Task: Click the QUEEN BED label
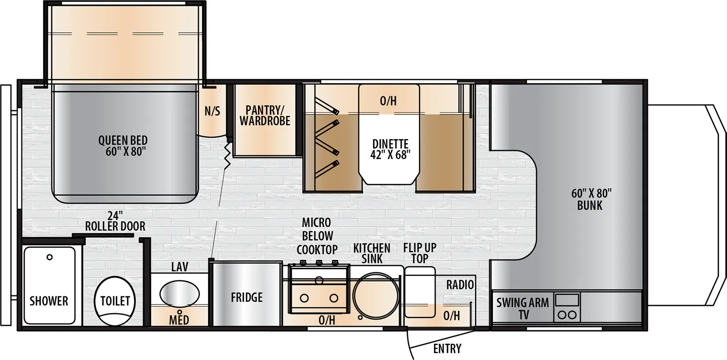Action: (123, 146)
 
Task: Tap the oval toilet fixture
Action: (115, 301)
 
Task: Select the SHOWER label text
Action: (49, 301)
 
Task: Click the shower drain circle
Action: (50, 257)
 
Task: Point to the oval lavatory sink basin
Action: (179, 294)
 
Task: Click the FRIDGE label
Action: (247, 298)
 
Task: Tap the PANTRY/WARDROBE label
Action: (265, 115)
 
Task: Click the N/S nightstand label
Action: (212, 111)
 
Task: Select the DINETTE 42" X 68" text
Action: (390, 150)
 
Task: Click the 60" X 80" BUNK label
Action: (591, 200)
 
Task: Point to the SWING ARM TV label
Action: (523, 308)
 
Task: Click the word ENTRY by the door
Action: (447, 349)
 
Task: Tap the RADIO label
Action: (460, 285)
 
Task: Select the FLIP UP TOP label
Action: (419, 253)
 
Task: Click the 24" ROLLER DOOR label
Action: (115, 221)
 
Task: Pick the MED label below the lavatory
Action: (179, 320)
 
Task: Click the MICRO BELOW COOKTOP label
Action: (317, 236)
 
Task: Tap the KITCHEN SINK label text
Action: (372, 253)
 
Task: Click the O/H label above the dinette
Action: (388, 101)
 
